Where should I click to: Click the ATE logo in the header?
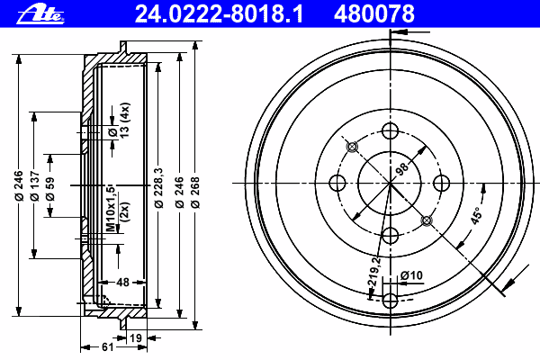[x=40, y=14]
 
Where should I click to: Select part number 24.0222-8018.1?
[x=219, y=13]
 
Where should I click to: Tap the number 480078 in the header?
[x=374, y=13]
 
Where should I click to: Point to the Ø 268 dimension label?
[x=195, y=193]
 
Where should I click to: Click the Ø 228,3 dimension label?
[x=158, y=188]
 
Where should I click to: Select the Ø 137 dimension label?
[x=35, y=185]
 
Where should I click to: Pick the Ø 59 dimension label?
[x=50, y=189]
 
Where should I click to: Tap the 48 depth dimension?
[x=122, y=282]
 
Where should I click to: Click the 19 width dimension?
[x=136, y=338]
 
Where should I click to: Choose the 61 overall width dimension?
[x=107, y=346]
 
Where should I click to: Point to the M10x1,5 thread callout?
[x=110, y=209]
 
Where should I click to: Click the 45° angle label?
[x=477, y=216]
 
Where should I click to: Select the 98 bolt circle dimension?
[x=402, y=168]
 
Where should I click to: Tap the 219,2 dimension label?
[x=374, y=271]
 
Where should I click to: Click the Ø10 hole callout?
[x=411, y=275]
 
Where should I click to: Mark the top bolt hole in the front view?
[x=391, y=130]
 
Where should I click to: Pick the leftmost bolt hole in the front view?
[x=337, y=183]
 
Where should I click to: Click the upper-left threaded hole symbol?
[x=352, y=147]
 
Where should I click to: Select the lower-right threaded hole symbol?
[x=427, y=220]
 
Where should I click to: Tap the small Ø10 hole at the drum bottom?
[x=391, y=301]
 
